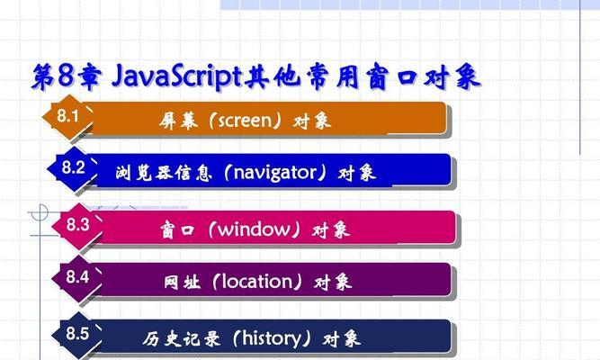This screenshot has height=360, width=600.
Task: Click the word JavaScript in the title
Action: [x=177, y=76]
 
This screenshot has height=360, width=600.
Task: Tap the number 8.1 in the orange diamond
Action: [x=68, y=116]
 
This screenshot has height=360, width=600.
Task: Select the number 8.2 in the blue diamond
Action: [x=73, y=167]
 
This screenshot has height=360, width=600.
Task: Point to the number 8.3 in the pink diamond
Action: [x=77, y=224]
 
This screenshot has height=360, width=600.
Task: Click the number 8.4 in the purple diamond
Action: [x=77, y=276]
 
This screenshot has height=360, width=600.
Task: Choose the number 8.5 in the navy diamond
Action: [x=77, y=333]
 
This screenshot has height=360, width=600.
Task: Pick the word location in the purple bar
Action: [x=257, y=282]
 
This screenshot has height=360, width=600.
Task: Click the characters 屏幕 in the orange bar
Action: [x=179, y=121]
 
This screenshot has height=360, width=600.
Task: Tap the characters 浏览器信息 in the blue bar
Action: [x=164, y=173]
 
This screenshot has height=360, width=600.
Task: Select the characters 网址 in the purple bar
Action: [x=182, y=283]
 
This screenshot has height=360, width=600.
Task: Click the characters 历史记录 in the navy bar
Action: [x=182, y=338]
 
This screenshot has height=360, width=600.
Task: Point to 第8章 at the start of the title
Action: [x=67, y=76]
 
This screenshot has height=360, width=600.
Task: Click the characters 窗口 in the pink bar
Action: [x=177, y=230]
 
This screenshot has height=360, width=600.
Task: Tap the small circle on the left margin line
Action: [x=40, y=212]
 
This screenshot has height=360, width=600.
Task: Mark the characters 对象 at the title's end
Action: [x=452, y=76]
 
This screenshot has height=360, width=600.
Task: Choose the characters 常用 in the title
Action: [x=334, y=76]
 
